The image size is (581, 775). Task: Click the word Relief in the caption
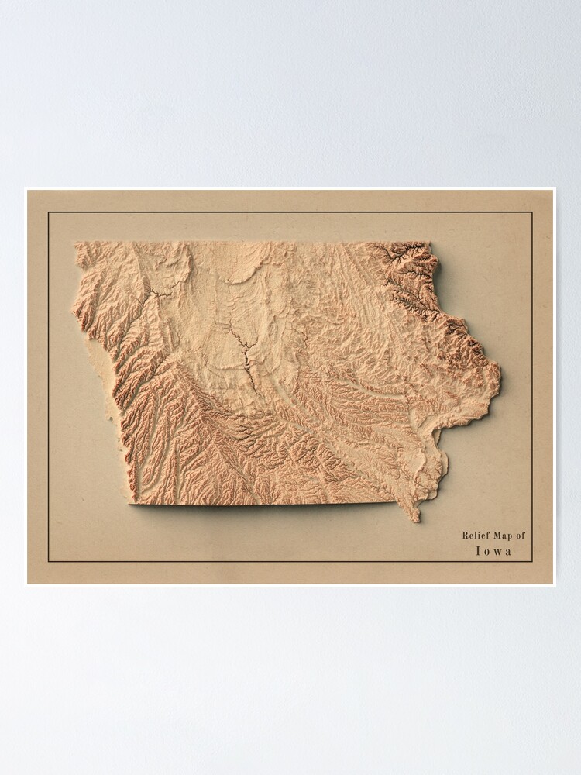pos(475,535)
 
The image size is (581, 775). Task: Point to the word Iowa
pos(493,552)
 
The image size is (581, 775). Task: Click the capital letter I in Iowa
pos(477,552)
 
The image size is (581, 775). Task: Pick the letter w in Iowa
pos(497,552)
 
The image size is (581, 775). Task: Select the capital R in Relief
pos(465,535)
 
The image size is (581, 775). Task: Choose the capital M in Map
pos(495,535)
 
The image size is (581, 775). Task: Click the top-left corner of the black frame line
pos(48,212)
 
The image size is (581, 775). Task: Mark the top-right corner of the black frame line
pos(533,212)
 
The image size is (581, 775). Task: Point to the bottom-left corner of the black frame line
pos(48,560)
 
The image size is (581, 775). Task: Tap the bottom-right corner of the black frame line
pos(533,560)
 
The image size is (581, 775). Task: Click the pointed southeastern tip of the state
pos(416,519)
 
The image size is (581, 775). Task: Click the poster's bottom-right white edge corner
pos(555,585)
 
